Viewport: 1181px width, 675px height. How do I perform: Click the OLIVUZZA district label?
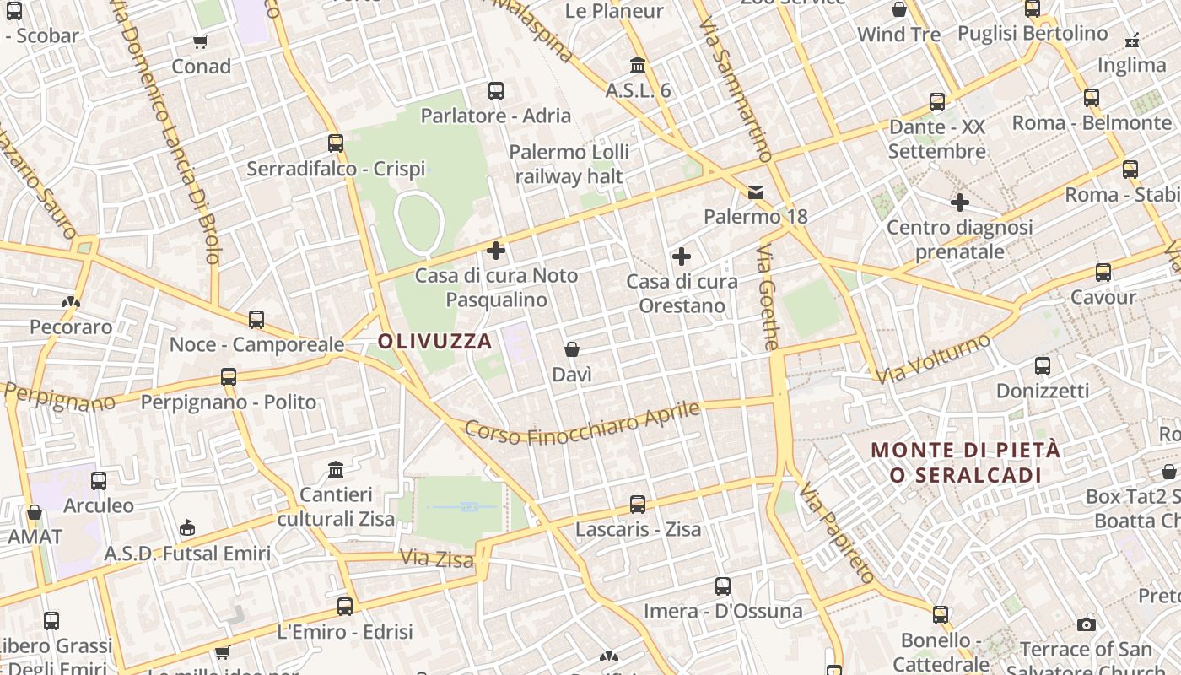tap(434, 342)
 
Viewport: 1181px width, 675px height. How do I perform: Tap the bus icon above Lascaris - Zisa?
tap(638, 505)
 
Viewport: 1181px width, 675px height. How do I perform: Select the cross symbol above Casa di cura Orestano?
tap(682, 256)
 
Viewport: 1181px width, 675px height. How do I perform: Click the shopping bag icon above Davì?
tap(572, 349)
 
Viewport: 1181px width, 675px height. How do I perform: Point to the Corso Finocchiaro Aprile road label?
tap(583, 424)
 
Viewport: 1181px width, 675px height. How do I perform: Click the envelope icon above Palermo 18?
tap(756, 192)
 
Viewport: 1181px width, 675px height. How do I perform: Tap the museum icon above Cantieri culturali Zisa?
tap(336, 469)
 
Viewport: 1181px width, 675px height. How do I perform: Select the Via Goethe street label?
tap(767, 298)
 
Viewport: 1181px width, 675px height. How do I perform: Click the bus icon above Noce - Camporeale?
tap(256, 320)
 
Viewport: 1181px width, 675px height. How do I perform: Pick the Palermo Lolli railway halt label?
tap(569, 164)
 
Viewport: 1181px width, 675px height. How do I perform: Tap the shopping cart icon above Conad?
tap(201, 41)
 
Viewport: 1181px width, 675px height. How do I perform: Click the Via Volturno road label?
tap(932, 359)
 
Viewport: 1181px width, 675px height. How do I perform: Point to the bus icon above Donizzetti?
tap(1043, 366)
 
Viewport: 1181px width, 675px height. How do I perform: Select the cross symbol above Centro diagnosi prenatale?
tap(959, 202)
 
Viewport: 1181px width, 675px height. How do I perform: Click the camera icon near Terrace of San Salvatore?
tap(1087, 625)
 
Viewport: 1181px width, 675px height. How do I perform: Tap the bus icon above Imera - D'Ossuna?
tap(723, 586)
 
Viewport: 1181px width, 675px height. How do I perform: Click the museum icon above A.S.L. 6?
tap(638, 66)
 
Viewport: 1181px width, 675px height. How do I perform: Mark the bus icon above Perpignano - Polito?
tap(229, 377)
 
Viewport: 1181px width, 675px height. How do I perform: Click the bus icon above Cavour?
tap(1103, 273)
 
